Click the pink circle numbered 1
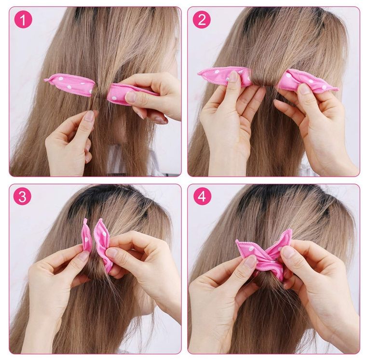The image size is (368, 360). (23, 19)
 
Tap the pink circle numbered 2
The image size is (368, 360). (202, 19)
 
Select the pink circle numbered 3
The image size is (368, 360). (22, 196)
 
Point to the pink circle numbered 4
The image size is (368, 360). (202, 196)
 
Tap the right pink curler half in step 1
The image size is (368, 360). (131, 93)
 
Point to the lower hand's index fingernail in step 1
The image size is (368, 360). (89, 116)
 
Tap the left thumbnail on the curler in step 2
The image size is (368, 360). (233, 76)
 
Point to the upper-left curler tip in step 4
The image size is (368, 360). (237, 241)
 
